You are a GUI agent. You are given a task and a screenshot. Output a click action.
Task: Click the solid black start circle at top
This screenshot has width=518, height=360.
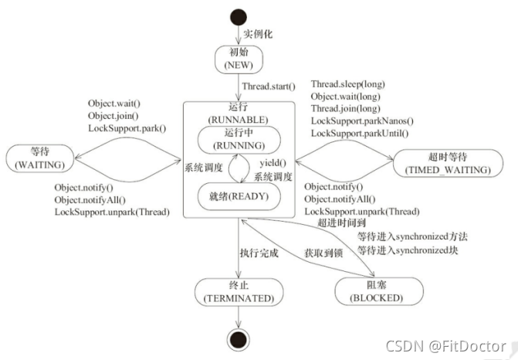pos(240,16)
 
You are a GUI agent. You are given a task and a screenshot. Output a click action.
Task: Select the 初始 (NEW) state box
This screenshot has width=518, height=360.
pos(239,59)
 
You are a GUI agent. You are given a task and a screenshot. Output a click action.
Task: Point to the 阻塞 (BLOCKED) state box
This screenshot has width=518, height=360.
pos(379,290)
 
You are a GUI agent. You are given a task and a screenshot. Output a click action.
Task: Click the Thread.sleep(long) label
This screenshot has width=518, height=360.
pos(347,84)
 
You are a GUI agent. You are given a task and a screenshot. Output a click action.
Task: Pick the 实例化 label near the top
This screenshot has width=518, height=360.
pos(260,36)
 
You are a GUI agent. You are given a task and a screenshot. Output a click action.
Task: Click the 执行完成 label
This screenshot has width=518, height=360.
pos(259,253)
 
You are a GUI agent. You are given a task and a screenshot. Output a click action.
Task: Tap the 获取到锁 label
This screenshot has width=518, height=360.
pos(317,253)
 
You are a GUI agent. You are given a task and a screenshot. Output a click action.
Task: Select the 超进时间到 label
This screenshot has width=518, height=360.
pos(338,223)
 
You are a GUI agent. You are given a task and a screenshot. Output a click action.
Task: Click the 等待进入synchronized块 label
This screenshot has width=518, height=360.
pos(406,250)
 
